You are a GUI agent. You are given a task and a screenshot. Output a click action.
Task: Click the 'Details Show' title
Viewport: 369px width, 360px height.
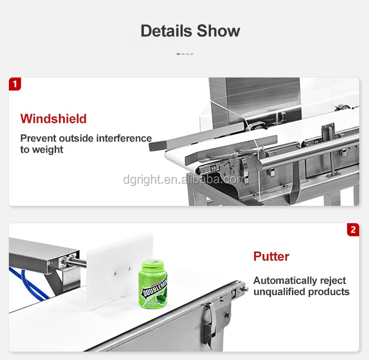(190, 31)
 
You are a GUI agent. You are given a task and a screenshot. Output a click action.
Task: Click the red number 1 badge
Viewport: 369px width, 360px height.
(15, 84)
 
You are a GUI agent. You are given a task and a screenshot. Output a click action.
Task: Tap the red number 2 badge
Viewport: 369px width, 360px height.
(353, 230)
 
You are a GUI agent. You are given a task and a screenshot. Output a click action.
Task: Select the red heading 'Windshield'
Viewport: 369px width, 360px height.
(53, 119)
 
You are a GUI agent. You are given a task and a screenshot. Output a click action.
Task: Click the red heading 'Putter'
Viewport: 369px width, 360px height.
(271, 256)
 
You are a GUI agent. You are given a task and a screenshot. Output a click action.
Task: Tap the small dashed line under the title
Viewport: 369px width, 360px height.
(184, 54)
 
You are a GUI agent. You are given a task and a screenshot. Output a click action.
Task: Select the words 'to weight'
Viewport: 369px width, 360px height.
(41, 150)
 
